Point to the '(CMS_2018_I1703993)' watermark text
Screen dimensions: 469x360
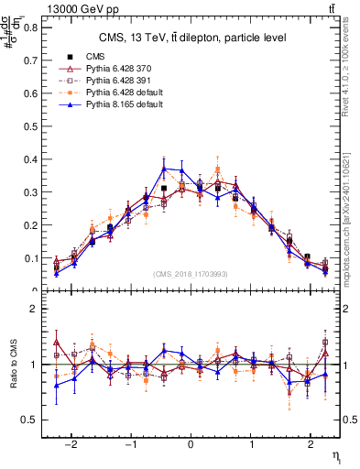pyautogui.click(x=191, y=274)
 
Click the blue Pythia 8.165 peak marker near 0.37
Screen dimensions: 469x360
pyautogui.click(x=164, y=169)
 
